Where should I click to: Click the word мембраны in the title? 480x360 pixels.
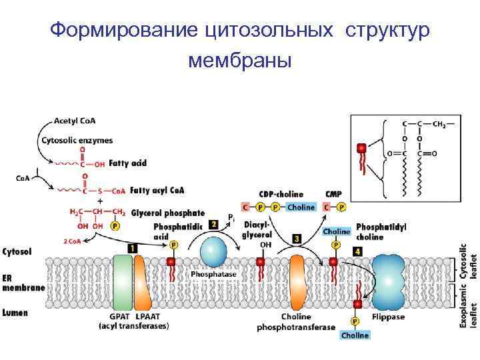pos(240,62)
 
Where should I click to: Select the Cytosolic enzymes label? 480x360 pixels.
pos(77,140)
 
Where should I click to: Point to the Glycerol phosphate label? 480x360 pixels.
pos(168,213)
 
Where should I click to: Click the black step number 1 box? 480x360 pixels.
pos(132,247)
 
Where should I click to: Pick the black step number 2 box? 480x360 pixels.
pos(213,225)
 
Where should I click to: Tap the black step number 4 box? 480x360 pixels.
pos(357,251)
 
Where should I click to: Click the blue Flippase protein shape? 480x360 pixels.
pos(387,281)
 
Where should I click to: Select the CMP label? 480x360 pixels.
pos(333,194)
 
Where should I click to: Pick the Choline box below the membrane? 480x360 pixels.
pos(355,335)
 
